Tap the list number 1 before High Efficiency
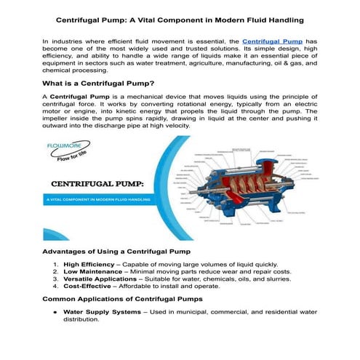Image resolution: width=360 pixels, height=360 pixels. point(56,264)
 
